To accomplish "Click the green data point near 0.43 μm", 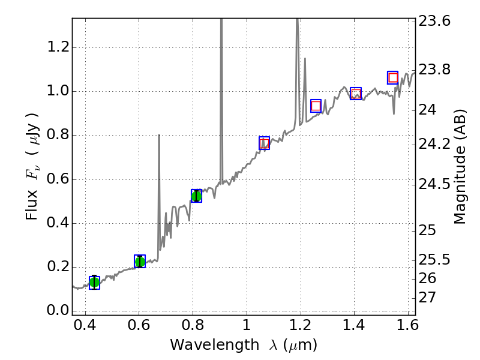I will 94,283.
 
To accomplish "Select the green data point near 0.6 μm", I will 140,262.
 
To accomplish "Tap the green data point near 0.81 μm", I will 196,196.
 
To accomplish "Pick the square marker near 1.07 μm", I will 264,143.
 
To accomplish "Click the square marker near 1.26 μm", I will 316,106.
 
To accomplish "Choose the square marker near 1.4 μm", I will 356,94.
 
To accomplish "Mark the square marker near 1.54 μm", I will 393,77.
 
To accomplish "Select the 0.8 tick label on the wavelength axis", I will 193,327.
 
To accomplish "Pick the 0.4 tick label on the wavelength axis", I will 85,327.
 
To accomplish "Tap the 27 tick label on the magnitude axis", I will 430,298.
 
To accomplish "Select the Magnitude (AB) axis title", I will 460,166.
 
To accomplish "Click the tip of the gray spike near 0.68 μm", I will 159,135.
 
